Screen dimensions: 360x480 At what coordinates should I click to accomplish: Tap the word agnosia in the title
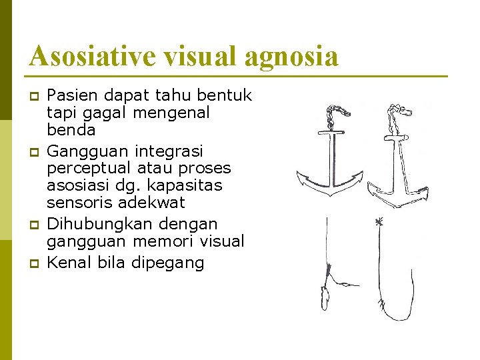(x=291, y=56)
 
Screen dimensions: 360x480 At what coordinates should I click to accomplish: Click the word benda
(x=71, y=129)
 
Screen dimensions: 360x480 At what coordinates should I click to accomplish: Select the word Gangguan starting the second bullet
(x=82, y=151)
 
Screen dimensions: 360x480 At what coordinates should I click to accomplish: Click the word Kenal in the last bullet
(x=69, y=263)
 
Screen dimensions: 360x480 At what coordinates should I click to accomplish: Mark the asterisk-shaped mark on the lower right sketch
(x=379, y=223)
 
